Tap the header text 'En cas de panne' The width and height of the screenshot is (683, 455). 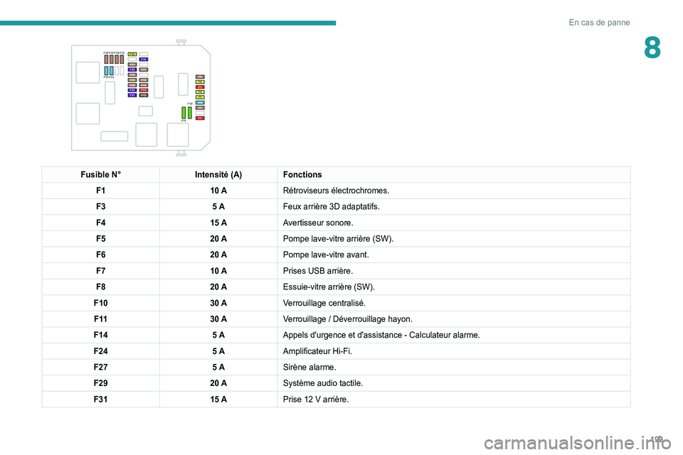coord(599,23)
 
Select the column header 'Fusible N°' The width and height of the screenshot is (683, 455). coord(100,175)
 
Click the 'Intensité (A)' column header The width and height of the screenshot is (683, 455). coord(218,175)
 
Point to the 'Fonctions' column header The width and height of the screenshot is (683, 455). coord(302,175)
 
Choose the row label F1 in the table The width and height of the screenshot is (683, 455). coord(100,191)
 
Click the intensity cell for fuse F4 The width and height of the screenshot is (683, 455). coord(218,223)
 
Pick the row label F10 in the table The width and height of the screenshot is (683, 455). coord(100,303)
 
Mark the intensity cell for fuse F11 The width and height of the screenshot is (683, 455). coord(218,318)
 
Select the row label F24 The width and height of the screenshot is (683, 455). coord(100,351)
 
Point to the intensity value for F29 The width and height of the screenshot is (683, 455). coord(218,383)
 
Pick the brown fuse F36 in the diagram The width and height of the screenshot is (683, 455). coord(106,60)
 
